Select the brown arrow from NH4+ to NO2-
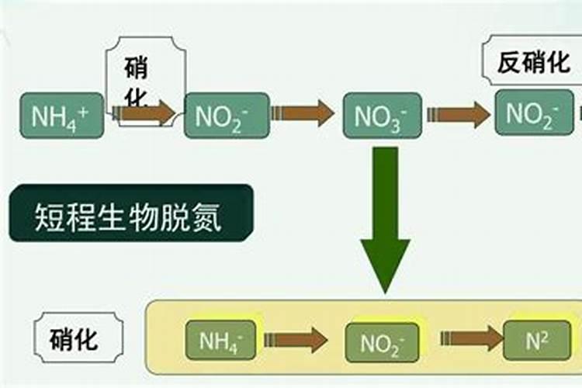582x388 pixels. (146, 113)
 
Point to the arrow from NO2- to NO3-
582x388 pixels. (304, 113)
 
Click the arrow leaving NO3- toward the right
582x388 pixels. (459, 114)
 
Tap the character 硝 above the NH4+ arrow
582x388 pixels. (137, 68)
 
